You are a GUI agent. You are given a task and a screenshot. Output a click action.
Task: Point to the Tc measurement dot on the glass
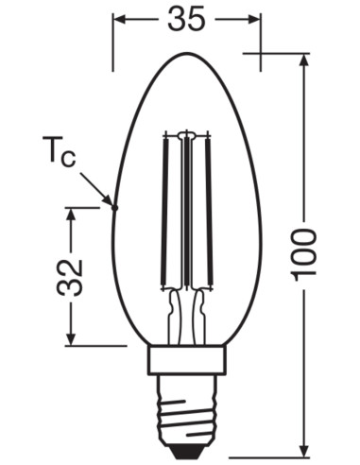click(114, 205)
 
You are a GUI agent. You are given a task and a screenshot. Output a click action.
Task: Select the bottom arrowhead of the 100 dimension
click(304, 448)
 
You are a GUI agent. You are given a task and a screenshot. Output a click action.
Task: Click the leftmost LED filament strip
click(165, 213)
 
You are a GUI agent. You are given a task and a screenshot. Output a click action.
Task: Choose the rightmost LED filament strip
click(211, 213)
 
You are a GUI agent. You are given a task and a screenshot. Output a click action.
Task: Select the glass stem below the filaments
click(187, 317)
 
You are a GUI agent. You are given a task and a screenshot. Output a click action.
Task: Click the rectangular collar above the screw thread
click(187, 360)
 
